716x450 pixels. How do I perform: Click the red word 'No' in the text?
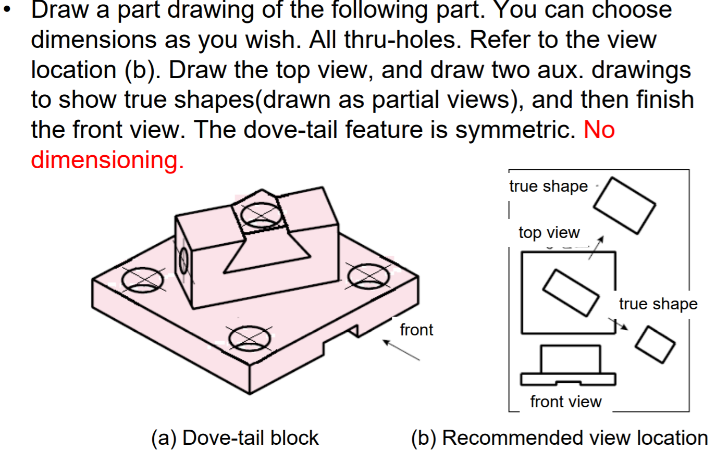point(599,129)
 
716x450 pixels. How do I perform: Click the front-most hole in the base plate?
point(250,338)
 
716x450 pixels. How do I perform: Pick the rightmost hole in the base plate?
point(368,277)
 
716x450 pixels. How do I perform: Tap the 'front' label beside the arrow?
point(416,330)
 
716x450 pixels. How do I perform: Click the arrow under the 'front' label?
point(401,350)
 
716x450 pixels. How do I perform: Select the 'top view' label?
point(549,232)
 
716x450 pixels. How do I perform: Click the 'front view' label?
point(565,402)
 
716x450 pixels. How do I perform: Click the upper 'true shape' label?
point(548,186)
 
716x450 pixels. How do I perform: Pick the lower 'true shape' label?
point(658,304)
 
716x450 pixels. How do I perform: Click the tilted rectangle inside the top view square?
point(570,292)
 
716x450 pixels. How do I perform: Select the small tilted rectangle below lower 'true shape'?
point(655,344)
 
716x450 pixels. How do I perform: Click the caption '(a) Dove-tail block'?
point(234,438)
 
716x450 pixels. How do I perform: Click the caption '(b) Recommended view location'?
point(559,438)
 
